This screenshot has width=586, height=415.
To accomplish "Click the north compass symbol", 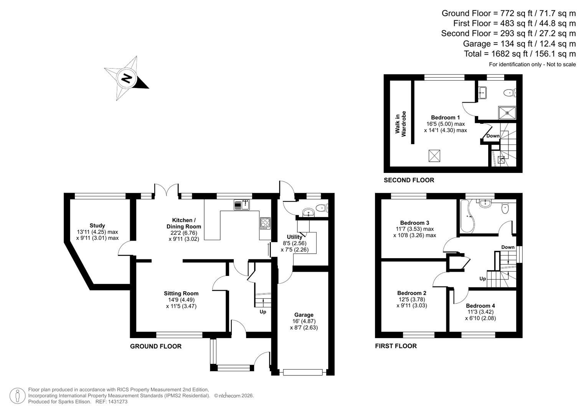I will (126, 79).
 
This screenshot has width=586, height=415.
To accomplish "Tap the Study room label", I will (97, 226).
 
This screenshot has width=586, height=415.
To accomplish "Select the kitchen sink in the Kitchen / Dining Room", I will (242, 205).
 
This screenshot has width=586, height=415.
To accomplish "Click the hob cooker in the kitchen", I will (265, 223).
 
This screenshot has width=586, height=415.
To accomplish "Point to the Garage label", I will (304, 315).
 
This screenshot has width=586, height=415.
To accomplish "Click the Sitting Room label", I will (181, 293).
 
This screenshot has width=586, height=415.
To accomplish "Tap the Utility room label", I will (294, 237).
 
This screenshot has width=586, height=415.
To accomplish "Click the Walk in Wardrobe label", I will (401, 124).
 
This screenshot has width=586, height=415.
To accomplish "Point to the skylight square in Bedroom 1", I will (434, 156).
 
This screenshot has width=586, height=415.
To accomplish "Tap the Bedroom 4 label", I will (480, 306).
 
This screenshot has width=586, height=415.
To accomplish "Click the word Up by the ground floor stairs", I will (263, 312).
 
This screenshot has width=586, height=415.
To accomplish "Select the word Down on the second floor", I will (493, 136).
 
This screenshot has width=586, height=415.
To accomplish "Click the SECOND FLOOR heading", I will (409, 180).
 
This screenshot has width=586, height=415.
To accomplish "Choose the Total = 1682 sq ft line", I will (520, 54).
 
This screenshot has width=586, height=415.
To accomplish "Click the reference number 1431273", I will (119, 402).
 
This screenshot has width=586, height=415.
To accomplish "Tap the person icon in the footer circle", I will (17, 395).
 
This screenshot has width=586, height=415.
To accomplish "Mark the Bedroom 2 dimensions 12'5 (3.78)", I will (411, 299).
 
